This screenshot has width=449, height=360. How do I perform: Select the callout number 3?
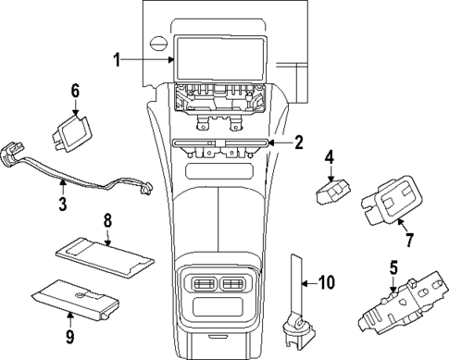(x=62, y=202)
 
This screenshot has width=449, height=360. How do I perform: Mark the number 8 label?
(x=107, y=222)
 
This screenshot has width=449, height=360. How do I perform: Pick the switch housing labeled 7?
(x=393, y=201)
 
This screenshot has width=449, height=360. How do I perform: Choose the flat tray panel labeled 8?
(x=105, y=250)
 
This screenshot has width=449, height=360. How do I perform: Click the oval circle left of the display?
(x=160, y=43)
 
